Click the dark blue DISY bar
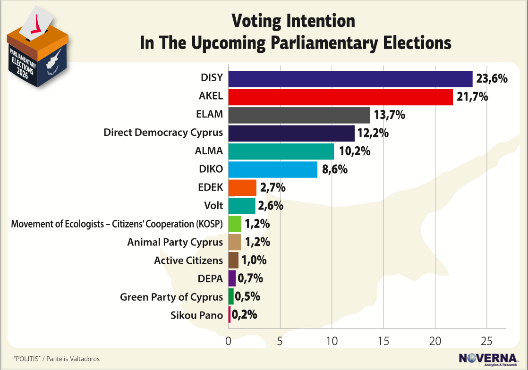350,79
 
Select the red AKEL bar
340,97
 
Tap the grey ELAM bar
299,115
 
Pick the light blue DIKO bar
273,169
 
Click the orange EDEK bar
242,187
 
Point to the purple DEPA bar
231,278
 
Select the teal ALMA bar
281,151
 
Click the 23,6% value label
492,79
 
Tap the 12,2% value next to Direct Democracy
373,133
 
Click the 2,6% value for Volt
271,206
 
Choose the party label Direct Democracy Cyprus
163,133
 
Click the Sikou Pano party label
196,315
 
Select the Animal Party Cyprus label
175,242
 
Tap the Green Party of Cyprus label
171,297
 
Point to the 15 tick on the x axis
383,341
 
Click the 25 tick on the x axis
487,341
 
